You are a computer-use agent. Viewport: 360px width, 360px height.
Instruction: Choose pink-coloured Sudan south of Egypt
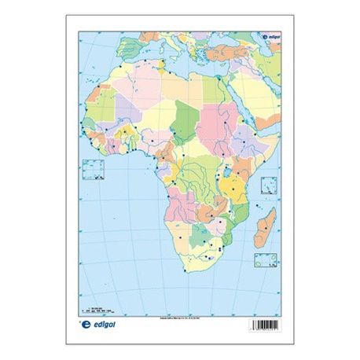(214, 126)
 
